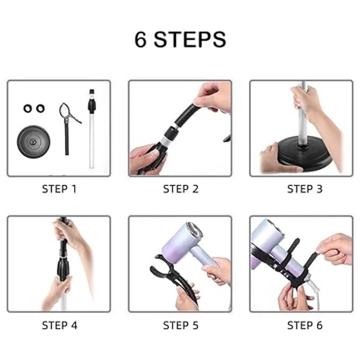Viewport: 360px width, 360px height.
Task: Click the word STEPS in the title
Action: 190,40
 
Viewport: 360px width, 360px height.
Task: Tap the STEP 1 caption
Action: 59,189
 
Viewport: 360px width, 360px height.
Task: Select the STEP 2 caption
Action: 181,189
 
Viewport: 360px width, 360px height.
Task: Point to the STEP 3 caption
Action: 305,189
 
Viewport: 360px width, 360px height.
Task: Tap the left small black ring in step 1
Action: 28,108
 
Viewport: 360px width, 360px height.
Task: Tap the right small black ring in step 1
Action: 40,108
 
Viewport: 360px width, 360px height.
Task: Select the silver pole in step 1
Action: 91,129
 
